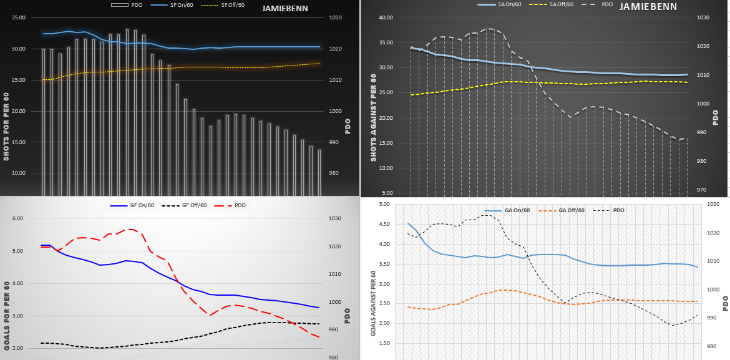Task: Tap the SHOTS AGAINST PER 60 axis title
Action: pos(373,117)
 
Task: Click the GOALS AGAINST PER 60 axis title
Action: pos(373,304)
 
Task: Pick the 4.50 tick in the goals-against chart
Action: pos(384,224)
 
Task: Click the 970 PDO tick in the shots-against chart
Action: pos(702,190)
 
